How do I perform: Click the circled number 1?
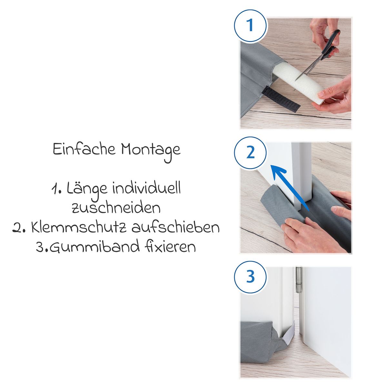(250, 26)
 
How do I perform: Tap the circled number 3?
(250, 277)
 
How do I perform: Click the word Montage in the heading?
(151, 151)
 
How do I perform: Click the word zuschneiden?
(116, 208)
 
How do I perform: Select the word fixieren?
(170, 246)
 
